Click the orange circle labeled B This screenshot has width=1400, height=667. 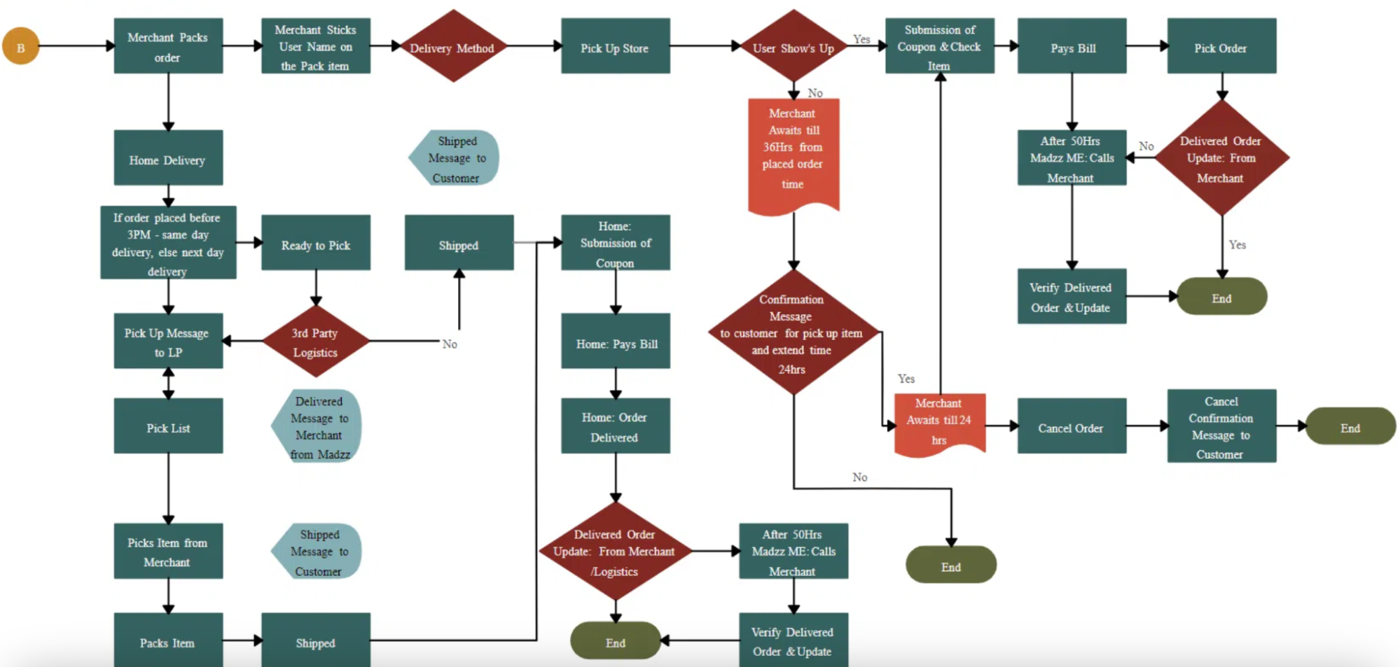click(x=21, y=46)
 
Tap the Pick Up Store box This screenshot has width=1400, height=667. click(x=615, y=47)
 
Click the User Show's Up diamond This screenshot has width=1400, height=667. click(x=793, y=47)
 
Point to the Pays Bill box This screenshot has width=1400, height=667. click(x=1072, y=47)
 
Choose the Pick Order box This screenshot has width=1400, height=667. click(x=1221, y=47)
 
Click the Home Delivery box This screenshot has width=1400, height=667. click(x=168, y=158)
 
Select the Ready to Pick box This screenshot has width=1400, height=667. click(x=315, y=244)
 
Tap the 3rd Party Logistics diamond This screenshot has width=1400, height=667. click(x=315, y=342)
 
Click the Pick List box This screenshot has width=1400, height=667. click(x=168, y=426)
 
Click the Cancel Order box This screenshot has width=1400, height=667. click(x=1071, y=426)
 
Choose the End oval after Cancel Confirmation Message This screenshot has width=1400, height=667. click(x=1350, y=426)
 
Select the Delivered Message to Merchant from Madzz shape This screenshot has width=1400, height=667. click(x=318, y=426)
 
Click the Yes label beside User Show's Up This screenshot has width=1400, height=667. click(x=861, y=39)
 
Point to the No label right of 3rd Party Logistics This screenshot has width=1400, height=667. click(x=450, y=344)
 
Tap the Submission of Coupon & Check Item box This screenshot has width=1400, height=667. click(x=939, y=47)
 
